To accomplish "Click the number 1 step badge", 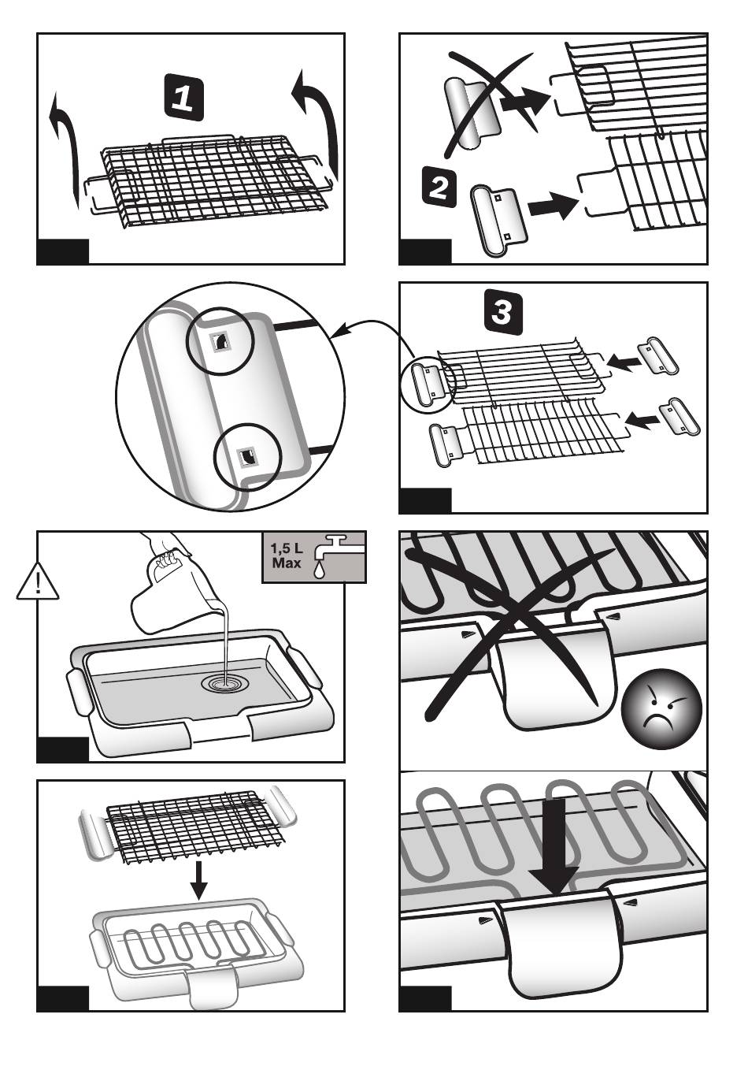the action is [183, 97].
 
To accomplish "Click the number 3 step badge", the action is [504, 312].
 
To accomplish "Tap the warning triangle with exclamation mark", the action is [38, 581].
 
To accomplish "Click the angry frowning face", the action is [661, 709].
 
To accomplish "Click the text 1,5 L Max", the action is [287, 555].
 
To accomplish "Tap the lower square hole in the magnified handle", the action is [248, 457].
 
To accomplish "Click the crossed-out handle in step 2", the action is [473, 115].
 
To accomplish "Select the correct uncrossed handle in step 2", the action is [499, 220].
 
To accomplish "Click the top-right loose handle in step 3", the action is [658, 356].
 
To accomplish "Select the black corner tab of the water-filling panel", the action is [62, 749].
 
